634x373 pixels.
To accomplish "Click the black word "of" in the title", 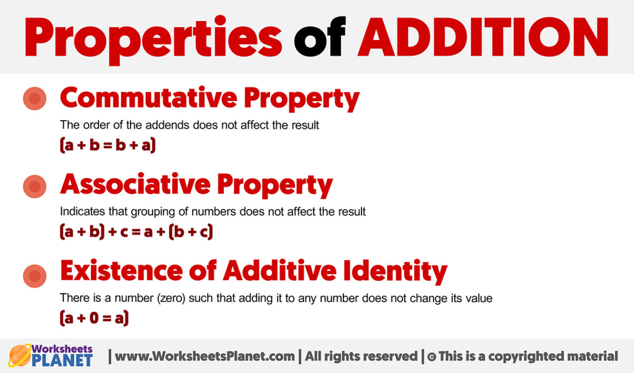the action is tap(320, 36).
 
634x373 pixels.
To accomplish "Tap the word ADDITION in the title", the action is tap(483, 37).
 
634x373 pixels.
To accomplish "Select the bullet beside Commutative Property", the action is tap(34, 98).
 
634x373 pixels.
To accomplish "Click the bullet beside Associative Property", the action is tap(34, 187).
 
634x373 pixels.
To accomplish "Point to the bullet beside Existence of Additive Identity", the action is tap(34, 276).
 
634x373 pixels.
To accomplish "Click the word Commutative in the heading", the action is tap(148, 98).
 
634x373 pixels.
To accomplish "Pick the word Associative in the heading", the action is tap(135, 184).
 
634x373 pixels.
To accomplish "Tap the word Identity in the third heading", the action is tap(395, 271).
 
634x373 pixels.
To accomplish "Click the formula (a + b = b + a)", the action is tap(108, 145).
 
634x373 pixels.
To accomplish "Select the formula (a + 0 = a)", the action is tap(94, 318).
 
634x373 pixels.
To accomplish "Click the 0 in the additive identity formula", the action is tap(94, 318).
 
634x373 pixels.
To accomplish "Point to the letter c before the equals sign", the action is tap(124, 233).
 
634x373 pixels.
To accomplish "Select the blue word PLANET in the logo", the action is tap(62, 360).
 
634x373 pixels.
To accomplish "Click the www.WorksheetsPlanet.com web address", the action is tap(204, 356).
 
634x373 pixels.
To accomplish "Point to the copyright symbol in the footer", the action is tap(431, 357).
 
